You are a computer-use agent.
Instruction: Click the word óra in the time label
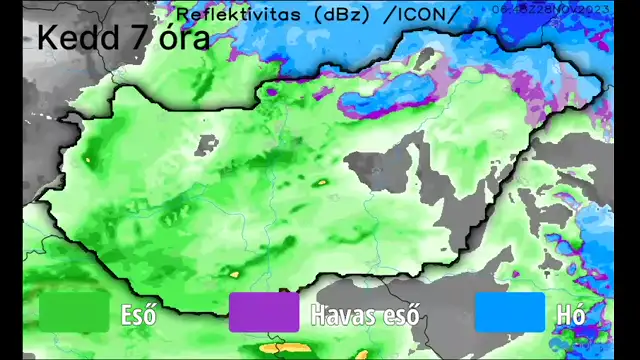[x=184, y=38]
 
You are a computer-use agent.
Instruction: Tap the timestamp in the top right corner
[x=549, y=9]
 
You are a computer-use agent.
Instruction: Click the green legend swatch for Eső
[x=74, y=312]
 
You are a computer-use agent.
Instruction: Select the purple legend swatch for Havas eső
[x=264, y=312]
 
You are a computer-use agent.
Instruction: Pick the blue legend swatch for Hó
[x=510, y=312]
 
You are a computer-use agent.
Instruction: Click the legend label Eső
[x=138, y=314]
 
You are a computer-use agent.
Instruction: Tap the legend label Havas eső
[x=367, y=314]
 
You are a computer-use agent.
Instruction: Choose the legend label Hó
[x=569, y=314]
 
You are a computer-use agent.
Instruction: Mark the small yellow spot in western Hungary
[x=88, y=157]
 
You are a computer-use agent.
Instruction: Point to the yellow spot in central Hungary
[x=322, y=183]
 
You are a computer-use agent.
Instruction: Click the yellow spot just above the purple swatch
[x=236, y=272]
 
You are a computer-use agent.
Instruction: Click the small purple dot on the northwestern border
[x=271, y=89]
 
